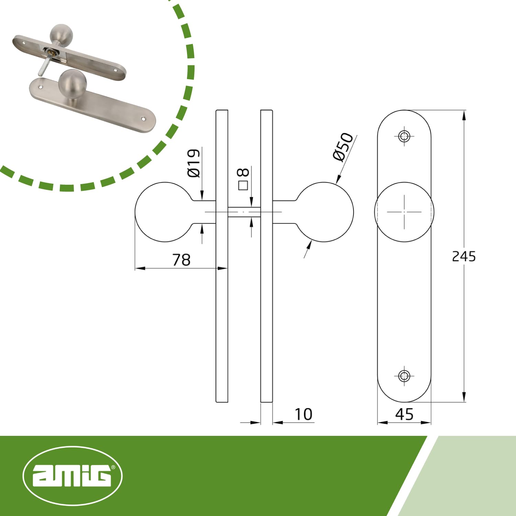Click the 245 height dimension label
pyautogui.click(x=463, y=257)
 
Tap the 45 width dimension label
pyautogui.click(x=404, y=415)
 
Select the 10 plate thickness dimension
pyautogui.click(x=304, y=415)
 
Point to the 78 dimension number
pyautogui.click(x=181, y=260)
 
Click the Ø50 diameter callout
pyautogui.click(x=343, y=147)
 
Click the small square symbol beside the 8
pyautogui.click(x=243, y=186)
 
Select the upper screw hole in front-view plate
pyautogui.click(x=404, y=136)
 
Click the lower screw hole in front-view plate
pyautogui.click(x=404, y=376)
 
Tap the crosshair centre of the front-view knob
pyautogui.click(x=404, y=212)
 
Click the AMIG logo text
pyautogui.click(x=72, y=476)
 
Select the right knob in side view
pyautogui.click(x=325, y=212)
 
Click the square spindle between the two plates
pyautogui.click(x=244, y=212)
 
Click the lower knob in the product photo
pyautogui.click(x=72, y=84)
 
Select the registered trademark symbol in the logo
pyautogui.click(x=113, y=467)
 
